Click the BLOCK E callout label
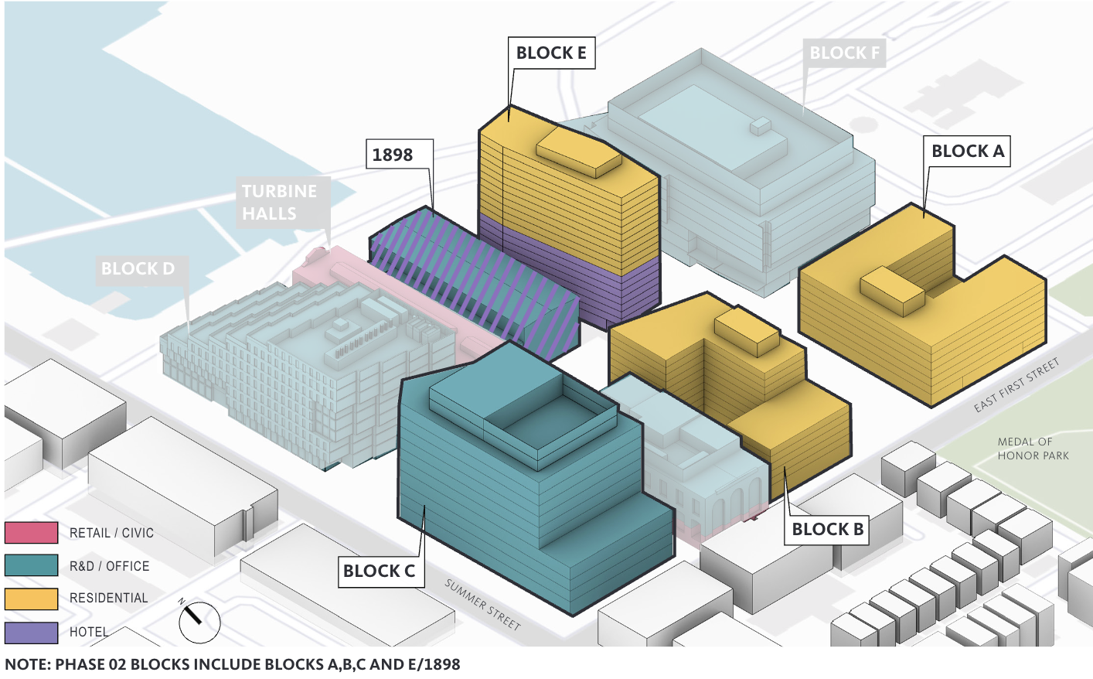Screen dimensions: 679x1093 pyautogui.click(x=551, y=53)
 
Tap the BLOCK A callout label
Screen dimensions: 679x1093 pyautogui.click(x=968, y=152)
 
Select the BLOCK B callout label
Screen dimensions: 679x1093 pyautogui.click(x=827, y=530)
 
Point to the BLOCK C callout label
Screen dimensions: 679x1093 pyautogui.click(x=379, y=572)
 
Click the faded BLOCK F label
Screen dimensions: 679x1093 pyautogui.click(x=844, y=53)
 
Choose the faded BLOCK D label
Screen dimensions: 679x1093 pyautogui.click(x=138, y=269)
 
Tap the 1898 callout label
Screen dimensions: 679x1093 pyautogui.click(x=393, y=155)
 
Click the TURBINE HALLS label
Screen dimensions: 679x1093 pyautogui.click(x=279, y=202)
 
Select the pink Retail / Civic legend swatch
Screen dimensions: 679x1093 pyautogui.click(x=32, y=533)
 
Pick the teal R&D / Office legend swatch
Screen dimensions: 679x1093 pyautogui.click(x=32, y=565)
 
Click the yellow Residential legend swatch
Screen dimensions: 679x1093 pyautogui.click(x=32, y=599)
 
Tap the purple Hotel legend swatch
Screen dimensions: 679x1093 pyautogui.click(x=32, y=633)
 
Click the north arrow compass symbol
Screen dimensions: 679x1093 pyautogui.click(x=199, y=622)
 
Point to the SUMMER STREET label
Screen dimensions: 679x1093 pyautogui.click(x=483, y=604)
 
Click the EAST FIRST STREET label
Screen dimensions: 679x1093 pyautogui.click(x=1016, y=385)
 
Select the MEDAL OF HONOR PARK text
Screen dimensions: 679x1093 pyautogui.click(x=1033, y=449)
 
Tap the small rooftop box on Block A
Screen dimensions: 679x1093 pyautogui.click(x=892, y=291)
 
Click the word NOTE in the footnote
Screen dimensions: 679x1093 pyautogui.click(x=26, y=664)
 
